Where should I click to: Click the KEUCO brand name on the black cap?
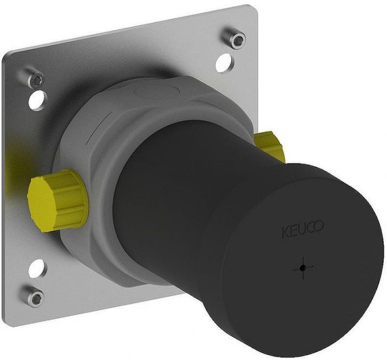[302, 229]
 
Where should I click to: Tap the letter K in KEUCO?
[286, 233]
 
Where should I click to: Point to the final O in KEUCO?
[319, 226]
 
